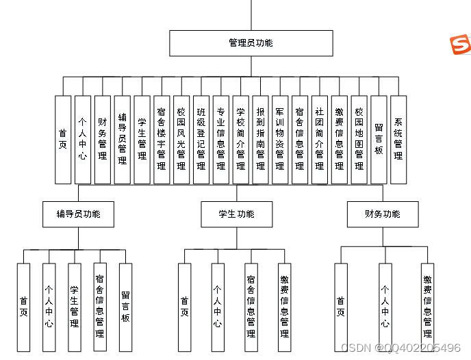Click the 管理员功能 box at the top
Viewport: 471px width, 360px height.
pyautogui.click(x=251, y=43)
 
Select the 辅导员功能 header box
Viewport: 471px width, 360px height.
pyautogui.click(x=78, y=214)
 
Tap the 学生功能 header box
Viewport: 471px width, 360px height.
pyautogui.click(x=236, y=214)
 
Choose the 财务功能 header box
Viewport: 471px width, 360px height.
pyautogui.click(x=382, y=214)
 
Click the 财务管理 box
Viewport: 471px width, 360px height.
pyautogui.click(x=102, y=140)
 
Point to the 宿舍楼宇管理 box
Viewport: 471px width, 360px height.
pyautogui.click(x=162, y=140)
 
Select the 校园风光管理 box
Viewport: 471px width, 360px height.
pyautogui.click(x=181, y=140)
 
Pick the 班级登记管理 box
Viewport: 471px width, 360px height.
pyautogui.click(x=201, y=140)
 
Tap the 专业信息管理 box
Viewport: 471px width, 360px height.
pyautogui.click(x=221, y=140)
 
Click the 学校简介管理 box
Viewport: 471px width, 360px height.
pyautogui.click(x=241, y=140)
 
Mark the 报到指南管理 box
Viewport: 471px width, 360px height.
pyautogui.click(x=260, y=140)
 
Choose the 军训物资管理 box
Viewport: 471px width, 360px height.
pyautogui.click(x=280, y=140)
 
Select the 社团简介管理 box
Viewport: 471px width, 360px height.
pyautogui.click(x=320, y=140)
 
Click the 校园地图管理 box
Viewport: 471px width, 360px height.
pyautogui.click(x=359, y=140)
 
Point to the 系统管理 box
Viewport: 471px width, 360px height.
pyautogui.click(x=398, y=140)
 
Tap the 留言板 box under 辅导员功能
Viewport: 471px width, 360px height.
pyautogui.click(x=125, y=307)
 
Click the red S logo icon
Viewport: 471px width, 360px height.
pyautogui.click(x=460, y=44)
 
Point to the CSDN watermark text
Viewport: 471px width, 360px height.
pyautogui.click(x=400, y=348)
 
